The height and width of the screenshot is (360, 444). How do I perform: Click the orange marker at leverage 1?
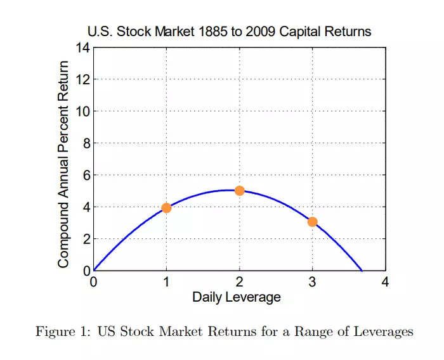(166, 208)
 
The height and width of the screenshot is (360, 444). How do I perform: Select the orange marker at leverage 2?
(239, 191)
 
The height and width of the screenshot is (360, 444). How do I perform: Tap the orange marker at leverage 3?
(312, 222)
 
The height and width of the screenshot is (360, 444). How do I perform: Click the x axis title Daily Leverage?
(237, 297)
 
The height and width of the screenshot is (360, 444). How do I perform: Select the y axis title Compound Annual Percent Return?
(63, 164)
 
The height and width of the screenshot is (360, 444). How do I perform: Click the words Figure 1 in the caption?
(60, 331)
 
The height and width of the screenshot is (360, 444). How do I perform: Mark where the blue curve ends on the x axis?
(362, 271)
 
